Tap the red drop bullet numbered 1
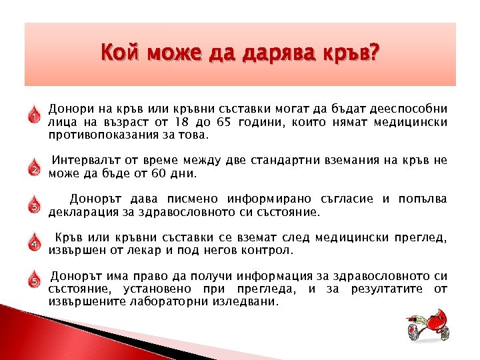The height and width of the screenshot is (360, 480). pos(34,116)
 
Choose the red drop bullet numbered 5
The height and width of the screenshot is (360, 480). pos(34,279)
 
